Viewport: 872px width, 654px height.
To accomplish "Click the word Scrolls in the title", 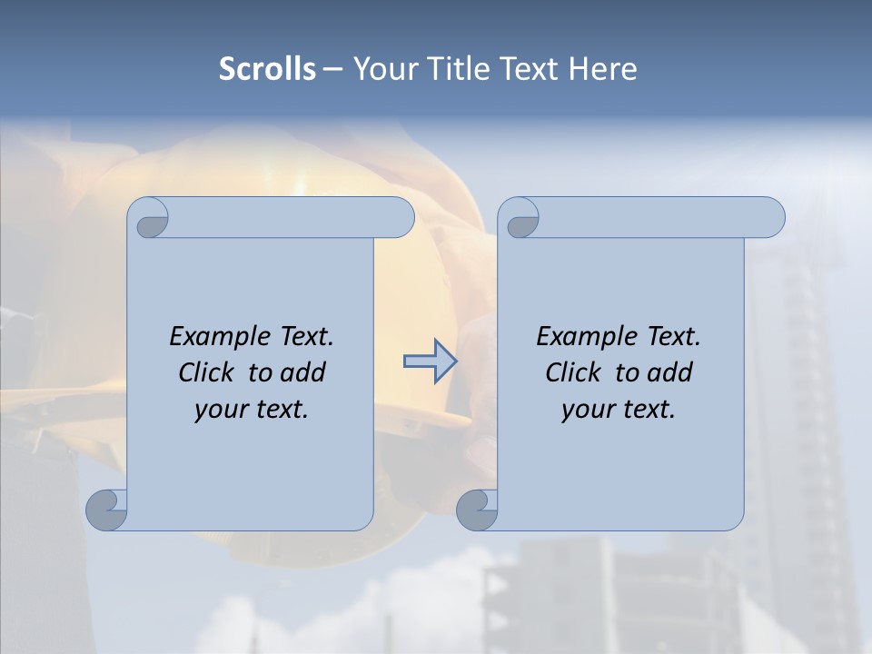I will pyautogui.click(x=268, y=69).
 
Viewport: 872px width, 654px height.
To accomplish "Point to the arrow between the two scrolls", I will pyautogui.click(x=430, y=361).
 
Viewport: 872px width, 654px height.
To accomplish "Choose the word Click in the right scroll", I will pyautogui.click(x=574, y=372).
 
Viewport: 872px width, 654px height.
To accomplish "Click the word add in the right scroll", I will pyautogui.click(x=671, y=372).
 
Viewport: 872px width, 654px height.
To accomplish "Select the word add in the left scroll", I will pyautogui.click(x=304, y=372).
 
